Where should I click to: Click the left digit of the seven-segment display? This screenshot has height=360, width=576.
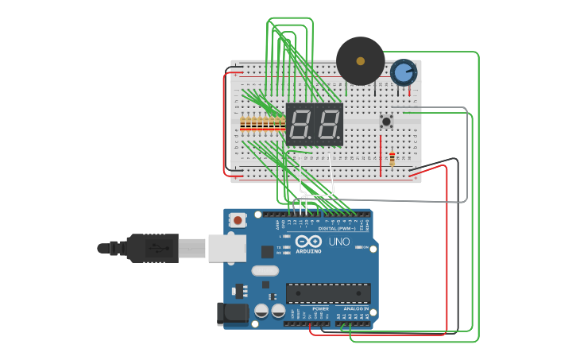[300, 124]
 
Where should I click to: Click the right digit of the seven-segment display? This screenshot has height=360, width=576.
[328, 124]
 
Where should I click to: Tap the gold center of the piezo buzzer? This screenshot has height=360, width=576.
[360, 60]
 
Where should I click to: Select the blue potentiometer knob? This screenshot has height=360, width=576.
[404, 73]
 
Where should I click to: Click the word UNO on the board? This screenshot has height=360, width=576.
[339, 242]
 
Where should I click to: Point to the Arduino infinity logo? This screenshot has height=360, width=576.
[308, 241]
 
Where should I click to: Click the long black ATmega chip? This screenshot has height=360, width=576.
[327, 292]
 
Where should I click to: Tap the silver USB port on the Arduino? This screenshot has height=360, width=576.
[227, 248]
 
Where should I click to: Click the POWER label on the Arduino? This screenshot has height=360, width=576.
[320, 308]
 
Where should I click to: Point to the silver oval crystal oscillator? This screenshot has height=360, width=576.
[265, 270]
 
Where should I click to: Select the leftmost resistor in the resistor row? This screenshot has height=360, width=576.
[242, 122]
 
